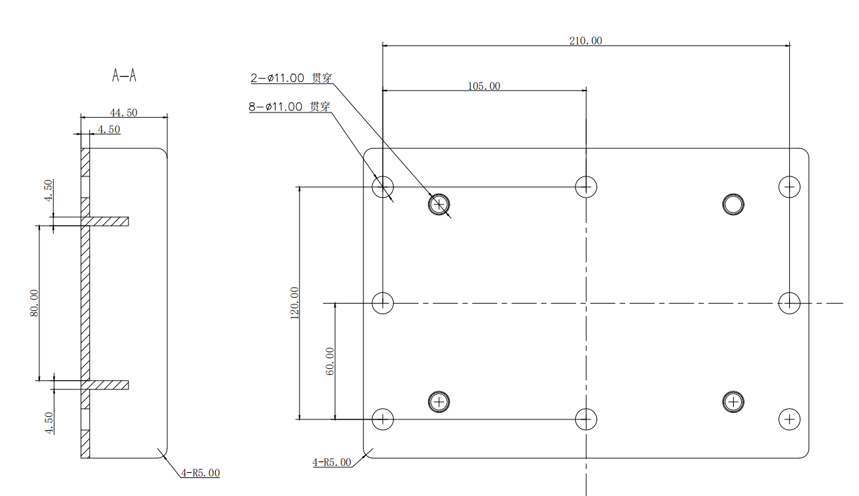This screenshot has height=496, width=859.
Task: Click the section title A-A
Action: click(125, 76)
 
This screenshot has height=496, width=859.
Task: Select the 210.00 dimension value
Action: click(585, 41)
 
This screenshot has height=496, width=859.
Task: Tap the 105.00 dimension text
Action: click(484, 86)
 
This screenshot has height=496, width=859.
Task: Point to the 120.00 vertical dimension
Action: click(294, 303)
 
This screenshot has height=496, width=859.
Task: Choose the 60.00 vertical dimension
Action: click(330, 362)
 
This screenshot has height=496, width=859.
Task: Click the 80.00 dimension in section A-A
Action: click(35, 303)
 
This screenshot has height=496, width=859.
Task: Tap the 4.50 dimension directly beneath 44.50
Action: click(109, 130)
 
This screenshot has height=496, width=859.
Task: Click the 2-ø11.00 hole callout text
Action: click(291, 78)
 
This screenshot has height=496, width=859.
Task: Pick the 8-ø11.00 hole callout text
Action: click(290, 107)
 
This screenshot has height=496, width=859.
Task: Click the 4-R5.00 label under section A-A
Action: click(200, 473)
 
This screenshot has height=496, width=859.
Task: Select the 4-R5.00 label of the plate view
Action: click(332, 462)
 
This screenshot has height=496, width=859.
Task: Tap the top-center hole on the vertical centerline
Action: click(585, 187)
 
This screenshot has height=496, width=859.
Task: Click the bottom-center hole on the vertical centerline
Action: click(585, 419)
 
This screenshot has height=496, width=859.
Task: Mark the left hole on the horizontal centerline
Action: click(383, 303)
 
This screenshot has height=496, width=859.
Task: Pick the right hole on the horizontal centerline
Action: click(789, 303)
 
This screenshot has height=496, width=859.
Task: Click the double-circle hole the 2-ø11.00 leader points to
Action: click(439, 204)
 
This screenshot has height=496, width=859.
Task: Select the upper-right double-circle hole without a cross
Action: click(733, 204)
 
